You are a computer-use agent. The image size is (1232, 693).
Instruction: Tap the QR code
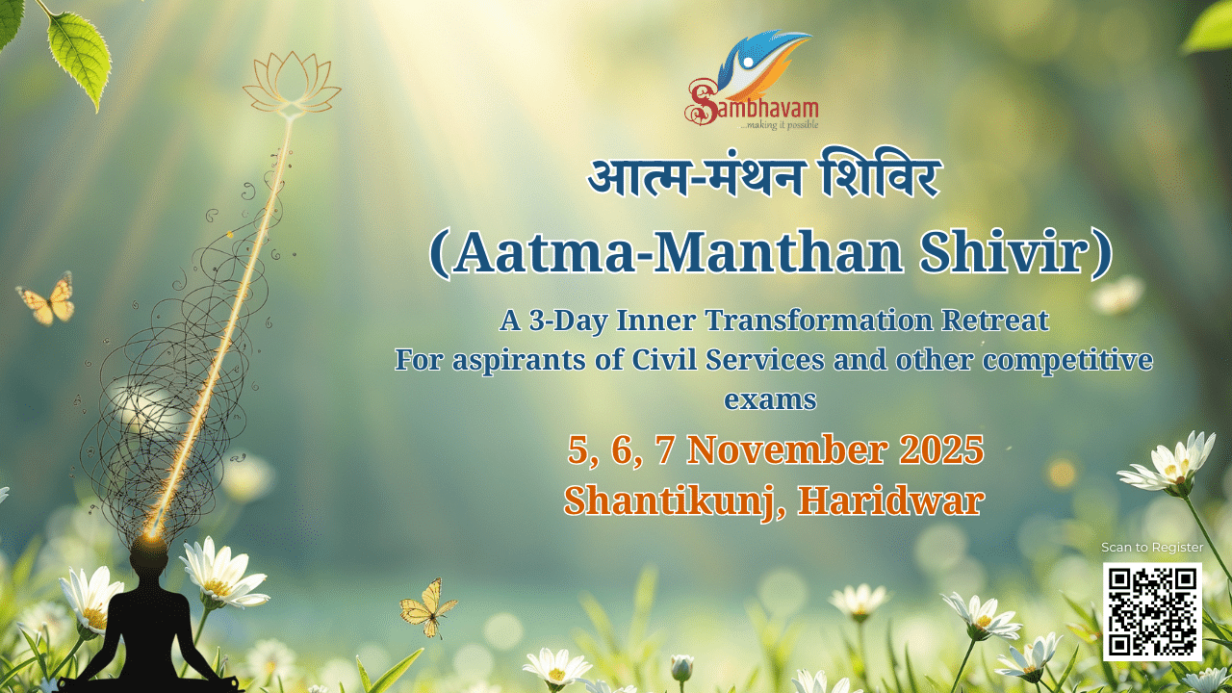[x=1152, y=611]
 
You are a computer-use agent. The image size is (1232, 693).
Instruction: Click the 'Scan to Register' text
[x=1152, y=548]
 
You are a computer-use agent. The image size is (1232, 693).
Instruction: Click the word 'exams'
[x=770, y=398]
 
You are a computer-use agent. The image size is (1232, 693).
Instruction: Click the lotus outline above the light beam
[x=292, y=83]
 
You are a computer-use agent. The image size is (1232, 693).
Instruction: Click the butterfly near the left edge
[x=47, y=299]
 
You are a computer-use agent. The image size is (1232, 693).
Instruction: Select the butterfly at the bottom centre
[x=427, y=606]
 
